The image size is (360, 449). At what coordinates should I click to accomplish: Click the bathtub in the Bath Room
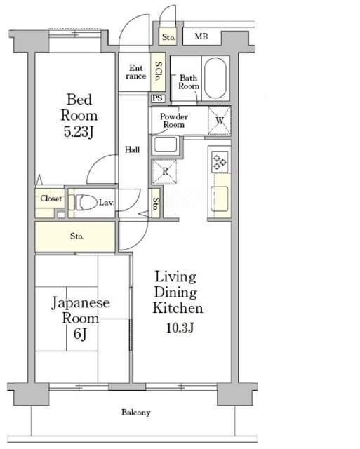[x=215, y=78]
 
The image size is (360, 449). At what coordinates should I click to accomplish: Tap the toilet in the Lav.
[x=84, y=202]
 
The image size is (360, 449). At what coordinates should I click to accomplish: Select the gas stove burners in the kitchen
[x=220, y=162]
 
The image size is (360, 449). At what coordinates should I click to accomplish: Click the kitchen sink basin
[x=220, y=199]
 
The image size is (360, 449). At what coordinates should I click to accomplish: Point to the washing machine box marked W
[x=220, y=121]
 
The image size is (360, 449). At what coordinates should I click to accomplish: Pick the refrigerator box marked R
[x=164, y=172]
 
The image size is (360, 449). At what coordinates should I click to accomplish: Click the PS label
[x=157, y=98]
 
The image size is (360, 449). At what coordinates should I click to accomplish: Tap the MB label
[x=201, y=36]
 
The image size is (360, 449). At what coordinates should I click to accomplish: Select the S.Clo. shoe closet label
[x=158, y=72]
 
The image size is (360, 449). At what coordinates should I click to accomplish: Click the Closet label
[x=51, y=199]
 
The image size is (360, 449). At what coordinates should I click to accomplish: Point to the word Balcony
[x=135, y=413]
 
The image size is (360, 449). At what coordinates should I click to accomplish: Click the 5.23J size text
[x=79, y=132]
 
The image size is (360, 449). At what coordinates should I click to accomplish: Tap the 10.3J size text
[x=180, y=328]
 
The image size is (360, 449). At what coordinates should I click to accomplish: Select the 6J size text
[x=80, y=334]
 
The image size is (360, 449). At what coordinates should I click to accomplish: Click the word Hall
[x=133, y=149]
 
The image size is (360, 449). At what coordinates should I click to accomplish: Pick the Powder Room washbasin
[x=165, y=144]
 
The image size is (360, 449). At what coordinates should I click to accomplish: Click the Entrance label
[x=136, y=72]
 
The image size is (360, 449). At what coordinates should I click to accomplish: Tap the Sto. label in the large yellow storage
[x=76, y=236]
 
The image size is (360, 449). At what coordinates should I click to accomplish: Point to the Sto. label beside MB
[x=168, y=37]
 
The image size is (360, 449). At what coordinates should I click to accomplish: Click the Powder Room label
[x=174, y=121]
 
